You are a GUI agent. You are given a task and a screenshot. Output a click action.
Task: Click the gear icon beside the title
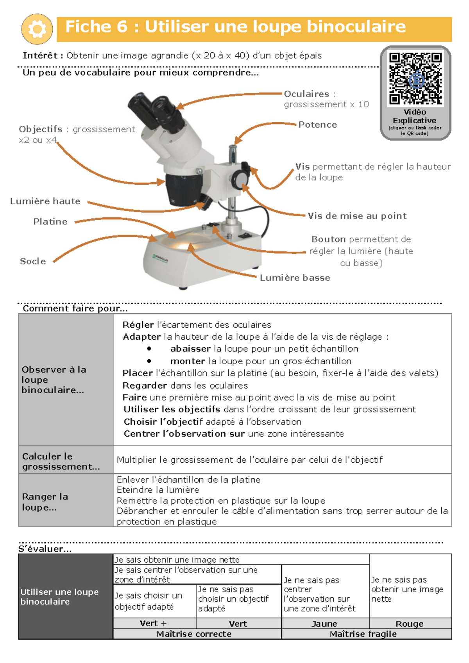coord(37,29)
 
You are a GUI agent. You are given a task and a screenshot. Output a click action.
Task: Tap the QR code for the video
coord(415,79)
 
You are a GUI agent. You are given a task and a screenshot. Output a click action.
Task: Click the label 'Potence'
coord(317,125)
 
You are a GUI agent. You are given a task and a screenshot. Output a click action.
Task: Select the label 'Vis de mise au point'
coord(357,216)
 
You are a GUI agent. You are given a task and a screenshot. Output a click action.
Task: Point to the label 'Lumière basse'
coord(295,278)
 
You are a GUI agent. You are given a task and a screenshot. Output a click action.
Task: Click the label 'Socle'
coord(33,261)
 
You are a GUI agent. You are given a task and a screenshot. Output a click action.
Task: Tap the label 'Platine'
coord(50,221)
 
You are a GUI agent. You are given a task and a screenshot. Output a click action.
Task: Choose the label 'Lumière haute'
coord(45,201)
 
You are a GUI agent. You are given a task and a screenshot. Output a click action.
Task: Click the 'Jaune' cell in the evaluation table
coord(324,624)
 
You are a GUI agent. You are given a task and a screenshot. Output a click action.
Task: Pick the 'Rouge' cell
coord(409,624)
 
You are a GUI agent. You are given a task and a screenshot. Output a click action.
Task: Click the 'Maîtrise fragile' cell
coord(363,634)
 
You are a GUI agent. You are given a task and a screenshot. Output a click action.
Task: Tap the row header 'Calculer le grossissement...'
coord(61,461)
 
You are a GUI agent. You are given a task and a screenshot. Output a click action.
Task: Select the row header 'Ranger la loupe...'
coord(45,502)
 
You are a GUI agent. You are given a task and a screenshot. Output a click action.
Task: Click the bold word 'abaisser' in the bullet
coord(190,348)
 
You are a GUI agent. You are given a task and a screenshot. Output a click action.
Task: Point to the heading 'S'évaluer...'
coord(45,549)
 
